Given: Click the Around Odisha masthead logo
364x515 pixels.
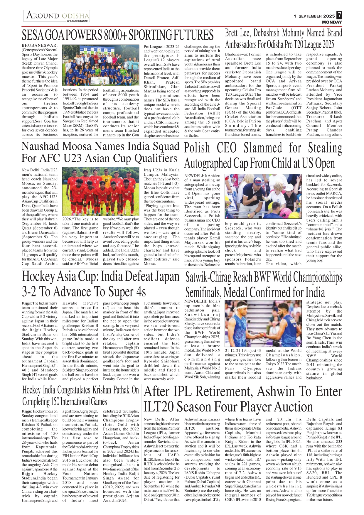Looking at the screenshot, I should click(57, 16).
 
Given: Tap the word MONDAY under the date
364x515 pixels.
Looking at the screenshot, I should click(332, 22).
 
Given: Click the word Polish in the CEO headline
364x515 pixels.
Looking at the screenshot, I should click(197, 148).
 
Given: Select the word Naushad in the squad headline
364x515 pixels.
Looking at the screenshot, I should click(40, 146).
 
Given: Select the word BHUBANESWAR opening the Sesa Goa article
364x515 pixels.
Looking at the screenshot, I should click(39, 45).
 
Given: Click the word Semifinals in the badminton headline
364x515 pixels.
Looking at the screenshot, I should click(203, 292).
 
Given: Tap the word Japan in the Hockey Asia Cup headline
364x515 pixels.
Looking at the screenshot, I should click(166, 277).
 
